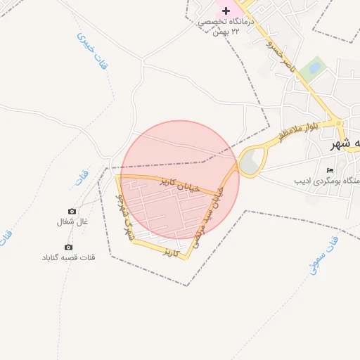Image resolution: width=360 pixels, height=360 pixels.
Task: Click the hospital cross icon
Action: pyautogui.click(x=226, y=11)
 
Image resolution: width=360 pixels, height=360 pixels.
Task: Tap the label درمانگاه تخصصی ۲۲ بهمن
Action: pyautogui.click(x=224, y=27)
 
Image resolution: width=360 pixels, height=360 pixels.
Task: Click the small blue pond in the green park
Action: pyautogui.click(x=314, y=68)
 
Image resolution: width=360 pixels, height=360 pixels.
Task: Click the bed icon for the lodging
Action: pyautogui.click(x=330, y=170)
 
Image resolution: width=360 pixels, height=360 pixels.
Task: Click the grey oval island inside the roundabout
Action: pyautogui.click(x=250, y=163)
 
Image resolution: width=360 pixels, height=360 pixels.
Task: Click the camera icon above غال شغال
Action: pyautogui.click(x=72, y=211)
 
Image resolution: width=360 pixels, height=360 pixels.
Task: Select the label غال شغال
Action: pyautogui.click(x=72, y=221)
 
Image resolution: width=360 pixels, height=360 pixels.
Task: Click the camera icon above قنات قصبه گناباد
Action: pyautogui.click(x=68, y=247)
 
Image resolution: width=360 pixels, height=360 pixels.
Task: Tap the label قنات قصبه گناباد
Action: pyautogui.click(x=68, y=257)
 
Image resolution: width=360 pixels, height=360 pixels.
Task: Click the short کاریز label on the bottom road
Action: pyautogui.click(x=171, y=250)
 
